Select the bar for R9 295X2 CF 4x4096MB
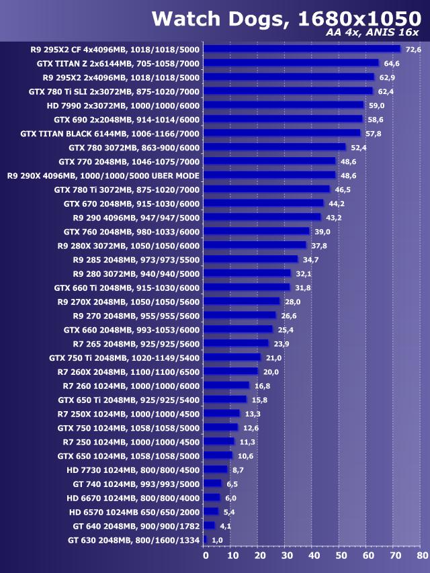pyautogui.click(x=302, y=49)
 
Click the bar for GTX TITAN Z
pyautogui.click(x=291, y=63)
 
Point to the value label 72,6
pyautogui.click(x=413, y=50)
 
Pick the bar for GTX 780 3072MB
pyautogui.click(x=274, y=147)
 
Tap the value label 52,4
pyautogui.click(x=359, y=148)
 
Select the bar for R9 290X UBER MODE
pyautogui.click(x=269, y=175)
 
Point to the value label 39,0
pyautogui.click(x=322, y=232)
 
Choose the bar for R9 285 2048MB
pyautogui.click(x=250, y=259)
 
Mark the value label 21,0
pyautogui.click(x=273, y=358)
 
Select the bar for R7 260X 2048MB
pyautogui.click(x=230, y=371)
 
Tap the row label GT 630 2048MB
pyautogui.click(x=134, y=540)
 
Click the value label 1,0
pyautogui.click(x=217, y=540)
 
